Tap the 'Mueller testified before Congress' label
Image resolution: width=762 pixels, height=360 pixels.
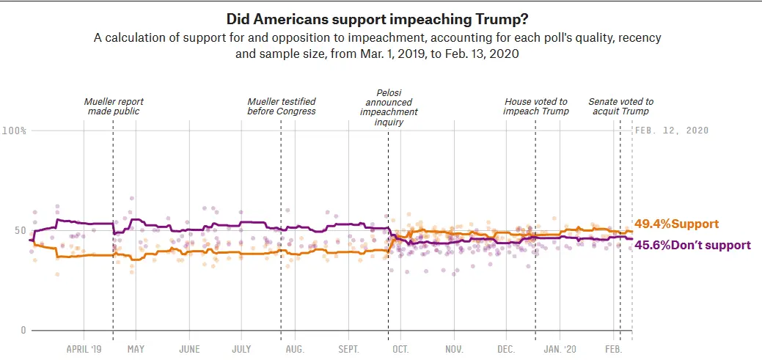point(282,106)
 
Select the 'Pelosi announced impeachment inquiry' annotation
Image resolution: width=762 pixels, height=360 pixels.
point(389,108)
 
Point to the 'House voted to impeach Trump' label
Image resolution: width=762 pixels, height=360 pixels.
point(535,106)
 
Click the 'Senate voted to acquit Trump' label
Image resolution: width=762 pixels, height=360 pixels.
point(620,106)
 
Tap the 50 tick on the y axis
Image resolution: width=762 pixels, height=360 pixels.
point(21,231)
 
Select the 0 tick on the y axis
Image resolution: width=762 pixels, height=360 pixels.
point(23,331)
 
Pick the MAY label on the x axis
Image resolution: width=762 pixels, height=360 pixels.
point(136,349)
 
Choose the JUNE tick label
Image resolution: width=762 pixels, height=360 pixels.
point(189,349)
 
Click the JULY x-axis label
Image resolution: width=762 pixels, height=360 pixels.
point(242,349)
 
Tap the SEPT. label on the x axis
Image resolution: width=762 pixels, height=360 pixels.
point(349,349)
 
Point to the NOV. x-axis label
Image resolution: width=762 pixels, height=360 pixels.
point(454,349)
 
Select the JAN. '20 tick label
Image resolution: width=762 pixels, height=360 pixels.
point(561,349)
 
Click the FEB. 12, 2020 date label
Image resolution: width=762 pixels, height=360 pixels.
point(672,131)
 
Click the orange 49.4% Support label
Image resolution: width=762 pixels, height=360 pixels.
point(675,224)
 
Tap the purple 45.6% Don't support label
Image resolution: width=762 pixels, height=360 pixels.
point(692,245)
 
